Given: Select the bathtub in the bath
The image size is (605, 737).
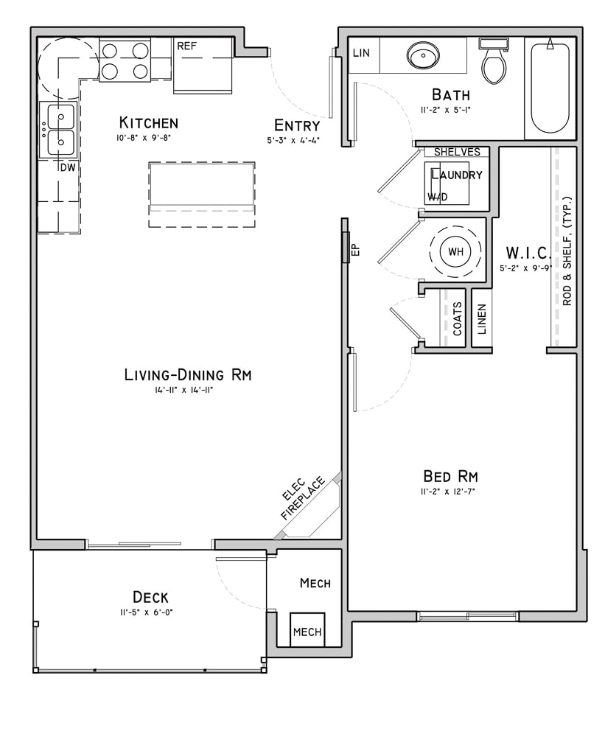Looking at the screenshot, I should (550, 88).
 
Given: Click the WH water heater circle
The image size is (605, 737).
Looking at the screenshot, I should (456, 251).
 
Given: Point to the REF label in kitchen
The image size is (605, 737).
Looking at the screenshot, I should (186, 46).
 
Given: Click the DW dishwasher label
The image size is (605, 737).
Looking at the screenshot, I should (67, 167).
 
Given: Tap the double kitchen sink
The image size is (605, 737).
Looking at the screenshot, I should (60, 130).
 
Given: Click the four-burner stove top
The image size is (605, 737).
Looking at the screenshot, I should (125, 60).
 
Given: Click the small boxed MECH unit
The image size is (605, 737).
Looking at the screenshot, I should (307, 632).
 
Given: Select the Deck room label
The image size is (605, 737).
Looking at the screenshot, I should (150, 596).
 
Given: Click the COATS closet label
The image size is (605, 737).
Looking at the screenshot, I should (457, 318).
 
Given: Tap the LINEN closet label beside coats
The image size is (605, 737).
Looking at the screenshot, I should (481, 319).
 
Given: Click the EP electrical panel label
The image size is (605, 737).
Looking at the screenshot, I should (354, 250).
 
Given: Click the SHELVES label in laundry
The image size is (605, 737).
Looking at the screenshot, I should (456, 152).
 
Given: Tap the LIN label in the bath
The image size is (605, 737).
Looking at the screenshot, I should (361, 53).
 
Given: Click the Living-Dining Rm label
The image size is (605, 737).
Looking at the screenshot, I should (187, 374).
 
